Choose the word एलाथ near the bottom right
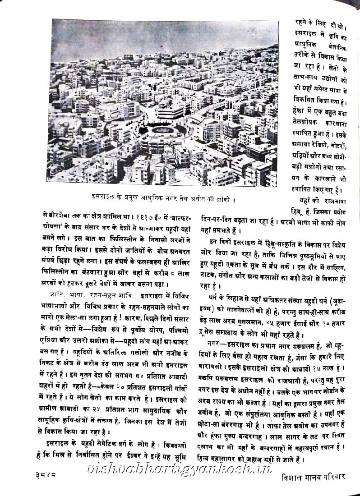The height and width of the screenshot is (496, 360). click(x=211, y=449)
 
